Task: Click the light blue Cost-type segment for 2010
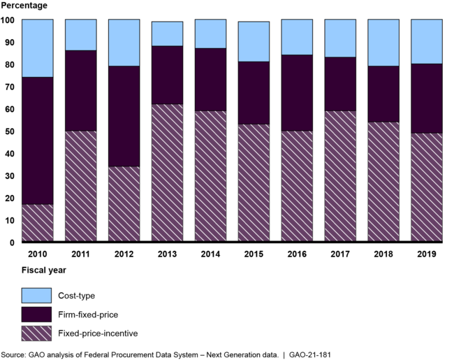(x=38, y=48)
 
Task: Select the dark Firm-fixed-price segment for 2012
(x=124, y=116)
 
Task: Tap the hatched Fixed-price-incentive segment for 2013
(x=167, y=173)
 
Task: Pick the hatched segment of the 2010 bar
(x=38, y=223)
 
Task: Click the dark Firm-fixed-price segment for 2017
(x=339, y=84)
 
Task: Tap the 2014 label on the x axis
(x=210, y=254)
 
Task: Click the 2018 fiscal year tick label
(x=383, y=254)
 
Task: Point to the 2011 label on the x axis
(x=80, y=254)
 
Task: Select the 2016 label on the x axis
(x=296, y=254)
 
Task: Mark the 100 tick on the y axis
(x=7, y=20)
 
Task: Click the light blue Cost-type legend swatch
(x=37, y=296)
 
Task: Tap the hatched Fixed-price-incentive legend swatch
(x=37, y=333)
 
